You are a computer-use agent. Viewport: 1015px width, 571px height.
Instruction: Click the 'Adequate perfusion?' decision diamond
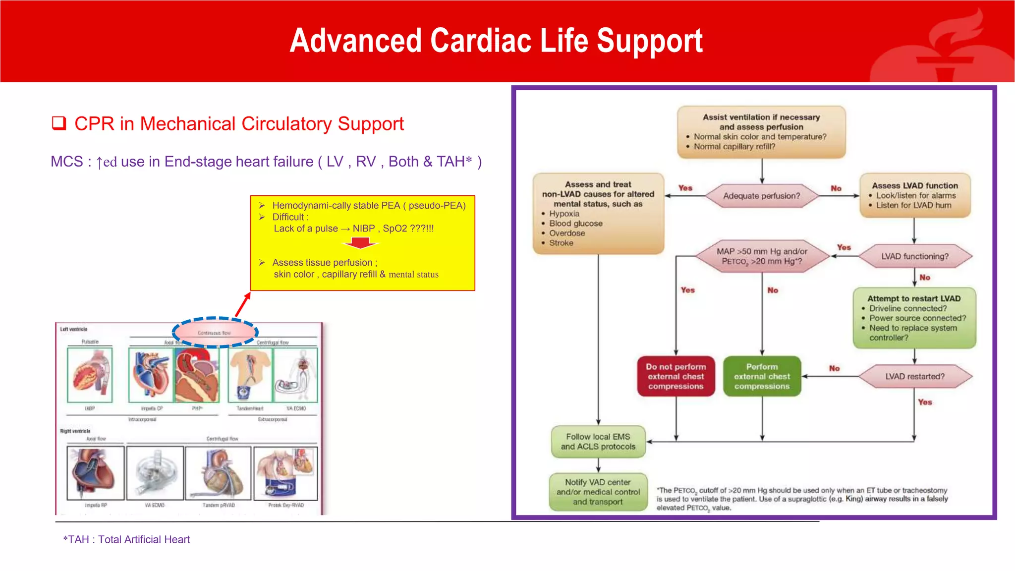pyautogui.click(x=761, y=196)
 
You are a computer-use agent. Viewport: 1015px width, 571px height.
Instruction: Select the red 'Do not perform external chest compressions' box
pyautogui.click(x=676, y=376)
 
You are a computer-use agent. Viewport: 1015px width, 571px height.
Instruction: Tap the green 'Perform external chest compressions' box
pyautogui.click(x=762, y=376)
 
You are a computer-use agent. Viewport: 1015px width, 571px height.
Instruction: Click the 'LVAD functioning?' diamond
pyautogui.click(x=914, y=256)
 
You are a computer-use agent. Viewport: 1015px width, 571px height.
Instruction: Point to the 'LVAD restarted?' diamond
pyautogui.click(x=914, y=376)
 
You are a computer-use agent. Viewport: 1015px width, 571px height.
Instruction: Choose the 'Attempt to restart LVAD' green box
pyautogui.click(x=914, y=318)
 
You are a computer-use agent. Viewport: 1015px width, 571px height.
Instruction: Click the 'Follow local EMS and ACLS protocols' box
pyautogui.click(x=598, y=442)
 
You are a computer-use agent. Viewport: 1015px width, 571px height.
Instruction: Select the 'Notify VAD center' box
pyautogui.click(x=598, y=492)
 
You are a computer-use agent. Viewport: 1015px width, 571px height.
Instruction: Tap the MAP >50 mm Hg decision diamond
pyautogui.click(x=762, y=256)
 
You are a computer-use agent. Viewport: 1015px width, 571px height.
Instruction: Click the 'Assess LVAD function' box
pyautogui.click(x=914, y=195)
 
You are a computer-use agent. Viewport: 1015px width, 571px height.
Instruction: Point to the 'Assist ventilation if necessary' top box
pyautogui.click(x=761, y=132)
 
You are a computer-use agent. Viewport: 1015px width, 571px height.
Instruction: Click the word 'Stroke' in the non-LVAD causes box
pyautogui.click(x=561, y=243)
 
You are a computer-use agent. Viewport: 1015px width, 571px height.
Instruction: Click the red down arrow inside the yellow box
pyautogui.click(x=360, y=243)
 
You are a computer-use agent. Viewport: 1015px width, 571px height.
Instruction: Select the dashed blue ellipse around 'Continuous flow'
pyautogui.click(x=215, y=333)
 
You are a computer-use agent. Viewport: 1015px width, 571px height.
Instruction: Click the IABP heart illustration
pyautogui.click(x=90, y=375)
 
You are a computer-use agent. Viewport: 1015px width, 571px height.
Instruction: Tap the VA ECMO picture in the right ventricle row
pyautogui.click(x=155, y=473)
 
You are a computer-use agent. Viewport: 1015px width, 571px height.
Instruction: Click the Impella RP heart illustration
pyautogui.click(x=95, y=473)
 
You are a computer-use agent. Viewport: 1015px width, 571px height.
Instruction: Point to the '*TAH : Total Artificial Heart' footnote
pyautogui.click(x=126, y=539)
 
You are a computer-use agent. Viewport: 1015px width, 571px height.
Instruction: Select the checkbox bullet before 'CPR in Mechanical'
pyautogui.click(x=59, y=123)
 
